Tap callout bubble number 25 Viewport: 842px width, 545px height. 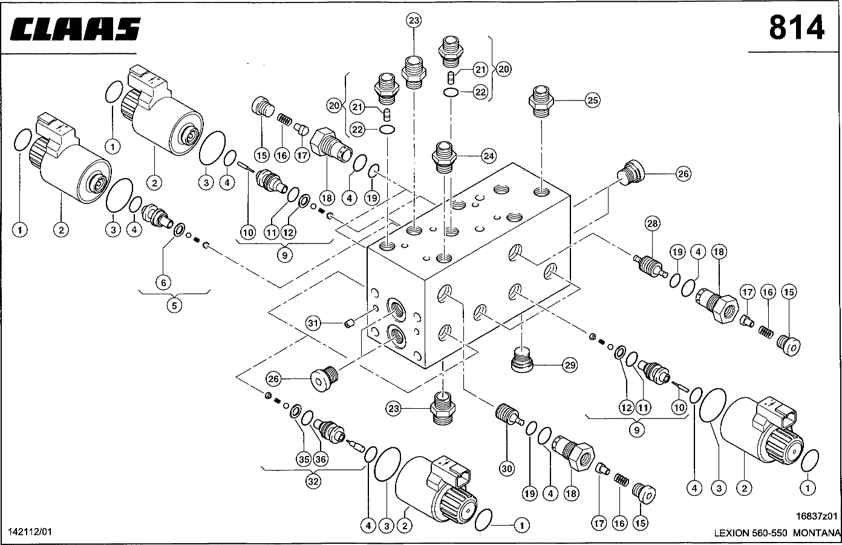(x=593, y=101)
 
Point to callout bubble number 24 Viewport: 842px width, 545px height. (x=489, y=156)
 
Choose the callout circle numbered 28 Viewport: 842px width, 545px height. (x=651, y=223)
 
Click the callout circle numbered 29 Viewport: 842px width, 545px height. (x=569, y=365)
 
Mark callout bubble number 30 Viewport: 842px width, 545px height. (x=507, y=467)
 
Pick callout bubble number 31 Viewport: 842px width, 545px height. (x=313, y=324)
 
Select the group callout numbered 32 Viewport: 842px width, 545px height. (x=313, y=482)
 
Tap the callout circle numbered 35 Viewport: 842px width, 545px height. (x=304, y=460)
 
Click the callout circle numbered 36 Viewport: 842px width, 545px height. (x=321, y=460)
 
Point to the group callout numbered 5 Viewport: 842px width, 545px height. (x=174, y=306)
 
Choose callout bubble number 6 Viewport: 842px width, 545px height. (x=163, y=282)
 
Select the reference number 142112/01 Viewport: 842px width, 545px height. (x=30, y=532)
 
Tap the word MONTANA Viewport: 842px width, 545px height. (x=817, y=533)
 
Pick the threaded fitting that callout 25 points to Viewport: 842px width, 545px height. (x=541, y=101)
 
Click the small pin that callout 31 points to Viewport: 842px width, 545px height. (x=348, y=325)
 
